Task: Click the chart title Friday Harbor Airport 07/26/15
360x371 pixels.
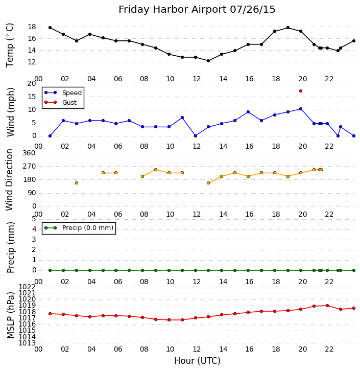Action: point(197,10)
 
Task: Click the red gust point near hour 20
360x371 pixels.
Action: point(301,91)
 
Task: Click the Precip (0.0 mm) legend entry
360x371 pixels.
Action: point(85,228)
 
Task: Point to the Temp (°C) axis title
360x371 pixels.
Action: point(10,44)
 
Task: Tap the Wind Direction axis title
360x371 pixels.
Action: point(10,179)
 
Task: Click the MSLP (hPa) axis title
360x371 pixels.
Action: point(10,315)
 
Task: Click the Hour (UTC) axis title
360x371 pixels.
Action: point(197,361)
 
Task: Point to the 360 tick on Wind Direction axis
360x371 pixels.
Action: point(29,153)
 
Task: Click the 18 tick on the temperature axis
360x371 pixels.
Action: point(31,27)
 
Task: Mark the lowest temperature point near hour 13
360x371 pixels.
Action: point(208,61)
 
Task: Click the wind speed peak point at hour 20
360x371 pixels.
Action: point(301,109)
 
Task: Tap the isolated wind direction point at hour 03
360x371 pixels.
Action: point(77,183)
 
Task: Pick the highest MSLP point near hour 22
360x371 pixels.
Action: point(327,306)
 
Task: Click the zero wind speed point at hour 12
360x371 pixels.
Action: point(195,136)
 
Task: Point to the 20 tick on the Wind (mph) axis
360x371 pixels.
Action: point(31,83)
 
